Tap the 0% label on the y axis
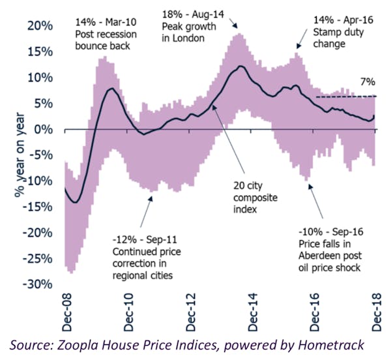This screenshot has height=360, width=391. (44, 129)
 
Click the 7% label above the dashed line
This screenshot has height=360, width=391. (367, 83)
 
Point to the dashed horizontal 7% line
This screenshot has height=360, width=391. (345, 97)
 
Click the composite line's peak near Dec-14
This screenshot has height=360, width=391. (241, 66)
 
